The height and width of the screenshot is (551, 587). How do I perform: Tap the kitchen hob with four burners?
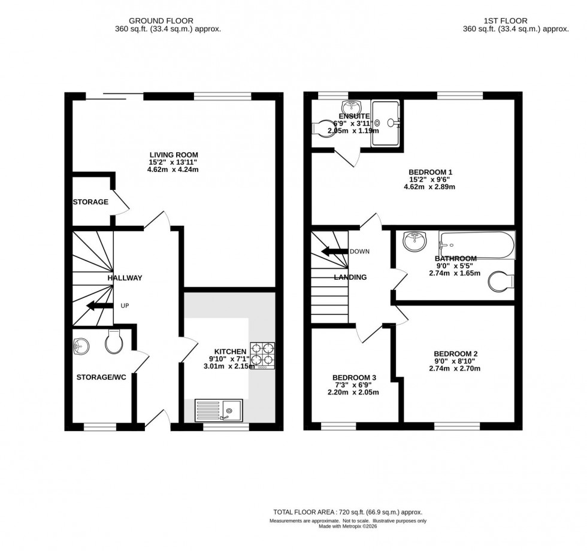click(x=262, y=355)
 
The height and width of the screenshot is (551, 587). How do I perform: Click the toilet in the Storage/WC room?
click(x=113, y=343)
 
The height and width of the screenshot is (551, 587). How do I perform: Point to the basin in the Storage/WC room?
click(x=80, y=346)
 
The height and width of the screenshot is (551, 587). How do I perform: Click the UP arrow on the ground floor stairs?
click(x=99, y=306)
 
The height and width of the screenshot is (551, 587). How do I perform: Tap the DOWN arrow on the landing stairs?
click(x=336, y=252)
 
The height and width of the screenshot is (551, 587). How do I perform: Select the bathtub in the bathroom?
click(x=476, y=245)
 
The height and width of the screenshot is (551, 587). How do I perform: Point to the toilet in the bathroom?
click(x=501, y=280)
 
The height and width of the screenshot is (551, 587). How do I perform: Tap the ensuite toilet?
click(x=325, y=126)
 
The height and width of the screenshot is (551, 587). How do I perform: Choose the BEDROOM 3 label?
click(x=354, y=377)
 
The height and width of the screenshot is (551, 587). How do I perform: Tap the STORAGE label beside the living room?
click(x=90, y=202)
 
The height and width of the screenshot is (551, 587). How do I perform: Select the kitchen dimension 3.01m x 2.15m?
click(x=230, y=367)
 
